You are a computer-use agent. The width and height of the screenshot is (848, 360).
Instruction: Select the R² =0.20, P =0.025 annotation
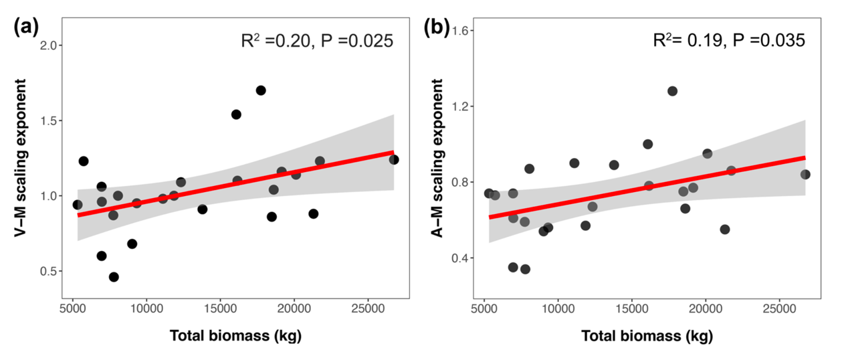317,41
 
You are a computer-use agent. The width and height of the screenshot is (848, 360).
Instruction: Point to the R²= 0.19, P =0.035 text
729,41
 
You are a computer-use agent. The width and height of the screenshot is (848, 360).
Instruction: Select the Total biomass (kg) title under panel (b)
646,336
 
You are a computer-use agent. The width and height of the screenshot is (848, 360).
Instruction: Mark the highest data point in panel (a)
261,90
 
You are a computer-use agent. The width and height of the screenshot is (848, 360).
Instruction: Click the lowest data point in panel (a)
114,277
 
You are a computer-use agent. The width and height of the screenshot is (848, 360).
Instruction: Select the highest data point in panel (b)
672,91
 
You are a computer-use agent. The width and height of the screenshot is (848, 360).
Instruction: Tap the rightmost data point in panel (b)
805,175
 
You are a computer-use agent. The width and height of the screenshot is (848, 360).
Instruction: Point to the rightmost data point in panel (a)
394,159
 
